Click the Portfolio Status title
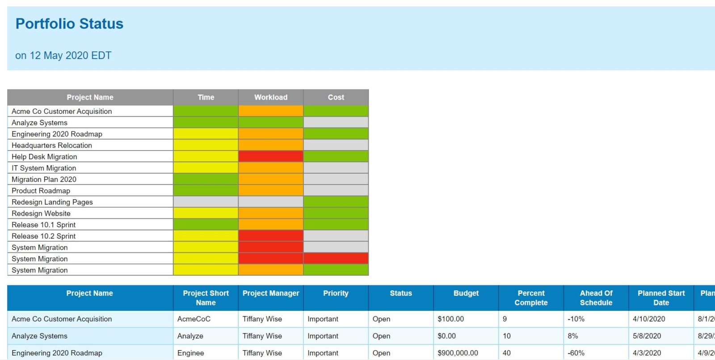(69, 24)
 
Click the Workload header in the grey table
(271, 97)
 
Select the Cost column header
(336, 97)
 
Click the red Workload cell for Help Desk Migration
(271, 156)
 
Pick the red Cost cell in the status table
(336, 259)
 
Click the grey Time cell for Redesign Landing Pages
(206, 202)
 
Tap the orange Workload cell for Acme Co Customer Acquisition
(271, 111)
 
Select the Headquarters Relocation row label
(52, 145)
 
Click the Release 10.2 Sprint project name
(44, 236)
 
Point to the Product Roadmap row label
(41, 191)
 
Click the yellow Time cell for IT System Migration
(206, 168)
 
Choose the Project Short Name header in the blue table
(206, 298)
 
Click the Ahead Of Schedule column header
(596, 298)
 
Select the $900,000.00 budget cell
(458, 353)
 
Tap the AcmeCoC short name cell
(193, 319)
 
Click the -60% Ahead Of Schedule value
(576, 353)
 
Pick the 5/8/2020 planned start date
(647, 336)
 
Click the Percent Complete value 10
(507, 336)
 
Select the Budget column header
(466, 293)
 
